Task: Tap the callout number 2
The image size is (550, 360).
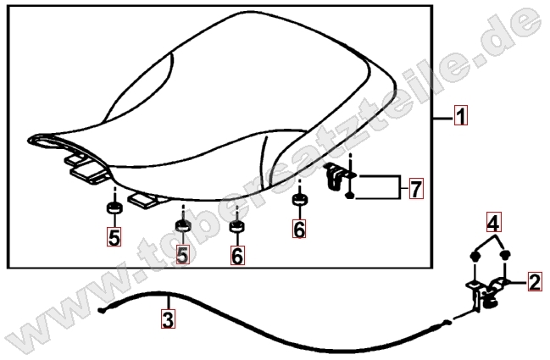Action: [535, 281]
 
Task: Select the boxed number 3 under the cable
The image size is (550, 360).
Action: [168, 318]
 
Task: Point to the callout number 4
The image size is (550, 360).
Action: [493, 222]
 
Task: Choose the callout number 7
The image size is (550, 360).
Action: [416, 188]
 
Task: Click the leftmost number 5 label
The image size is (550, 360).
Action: [114, 236]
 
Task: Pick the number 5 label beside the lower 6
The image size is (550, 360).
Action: [182, 254]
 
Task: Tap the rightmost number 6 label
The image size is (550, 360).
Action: [299, 228]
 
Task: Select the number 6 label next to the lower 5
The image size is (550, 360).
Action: [237, 255]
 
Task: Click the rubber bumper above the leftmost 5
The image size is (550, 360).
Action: [114, 208]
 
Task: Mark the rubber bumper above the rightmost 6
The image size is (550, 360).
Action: [300, 200]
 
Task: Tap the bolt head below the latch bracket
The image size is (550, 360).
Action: [350, 195]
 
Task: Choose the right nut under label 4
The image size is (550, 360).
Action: [505, 255]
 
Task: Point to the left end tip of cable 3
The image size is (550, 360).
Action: [101, 310]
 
